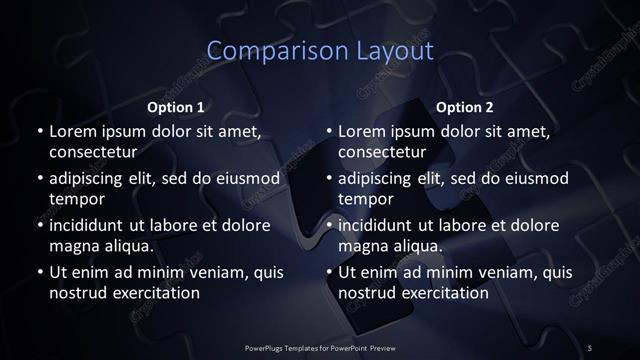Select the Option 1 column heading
[176, 106]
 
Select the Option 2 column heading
[465, 106]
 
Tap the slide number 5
[590, 346]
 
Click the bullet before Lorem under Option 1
[40, 132]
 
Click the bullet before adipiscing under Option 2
[330, 179]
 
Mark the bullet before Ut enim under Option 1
[40, 272]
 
